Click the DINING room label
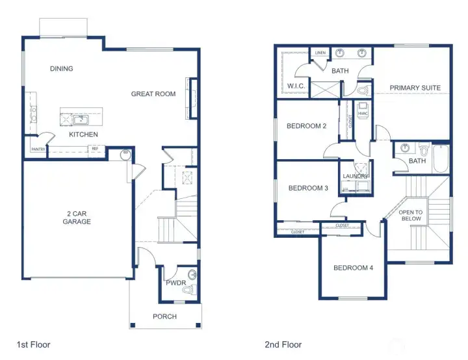tap(62, 69)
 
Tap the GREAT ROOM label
tap(153, 94)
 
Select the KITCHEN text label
tap(84, 135)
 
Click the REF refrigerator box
tap(95, 149)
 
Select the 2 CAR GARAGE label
tap(77, 217)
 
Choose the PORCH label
tap(164, 317)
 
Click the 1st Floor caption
tap(33, 344)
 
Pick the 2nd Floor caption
tap(283, 344)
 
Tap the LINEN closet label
tap(320, 53)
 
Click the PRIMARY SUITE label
tap(415, 88)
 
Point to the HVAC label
tap(363, 114)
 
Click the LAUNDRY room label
tap(356, 176)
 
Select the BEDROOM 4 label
tap(353, 268)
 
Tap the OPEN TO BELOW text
tap(410, 216)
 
